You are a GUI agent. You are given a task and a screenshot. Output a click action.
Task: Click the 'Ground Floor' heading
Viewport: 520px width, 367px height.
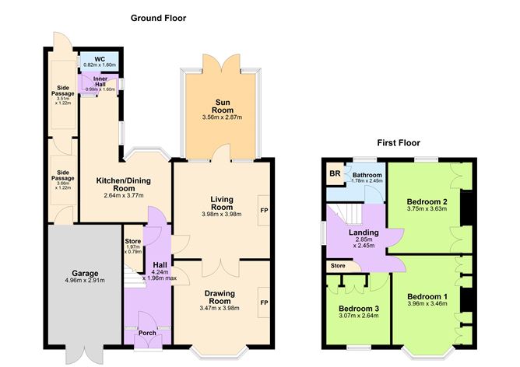coord(158,18)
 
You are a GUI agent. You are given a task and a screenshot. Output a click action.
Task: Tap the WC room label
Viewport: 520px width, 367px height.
coord(99,59)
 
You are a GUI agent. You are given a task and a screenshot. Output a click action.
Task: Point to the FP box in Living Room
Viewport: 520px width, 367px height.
coord(264,210)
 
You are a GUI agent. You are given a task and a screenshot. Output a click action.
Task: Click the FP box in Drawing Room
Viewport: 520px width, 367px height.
coord(264,302)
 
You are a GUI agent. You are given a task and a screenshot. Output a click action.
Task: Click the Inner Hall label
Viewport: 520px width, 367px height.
coord(100,80)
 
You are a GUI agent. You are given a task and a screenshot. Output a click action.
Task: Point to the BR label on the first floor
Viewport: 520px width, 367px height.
coord(333,173)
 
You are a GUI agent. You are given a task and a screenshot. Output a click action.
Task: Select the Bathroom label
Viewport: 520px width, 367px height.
coord(367,175)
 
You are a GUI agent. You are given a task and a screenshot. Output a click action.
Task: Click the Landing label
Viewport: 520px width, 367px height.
coord(364,232)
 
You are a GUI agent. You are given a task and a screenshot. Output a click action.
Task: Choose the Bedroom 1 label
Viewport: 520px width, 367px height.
coord(427,297)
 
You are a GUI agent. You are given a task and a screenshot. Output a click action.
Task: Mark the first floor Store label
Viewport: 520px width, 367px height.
coord(337,267)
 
